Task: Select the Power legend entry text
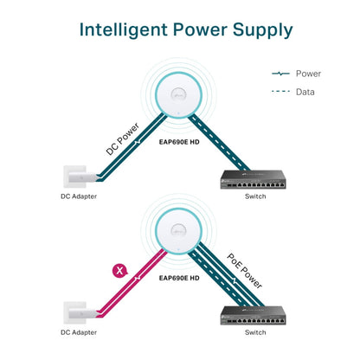pyautogui.click(x=308, y=74)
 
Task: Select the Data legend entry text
pyautogui.click(x=305, y=92)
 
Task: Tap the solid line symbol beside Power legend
pyautogui.click(x=281, y=74)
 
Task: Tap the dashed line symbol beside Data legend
pyautogui.click(x=281, y=92)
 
